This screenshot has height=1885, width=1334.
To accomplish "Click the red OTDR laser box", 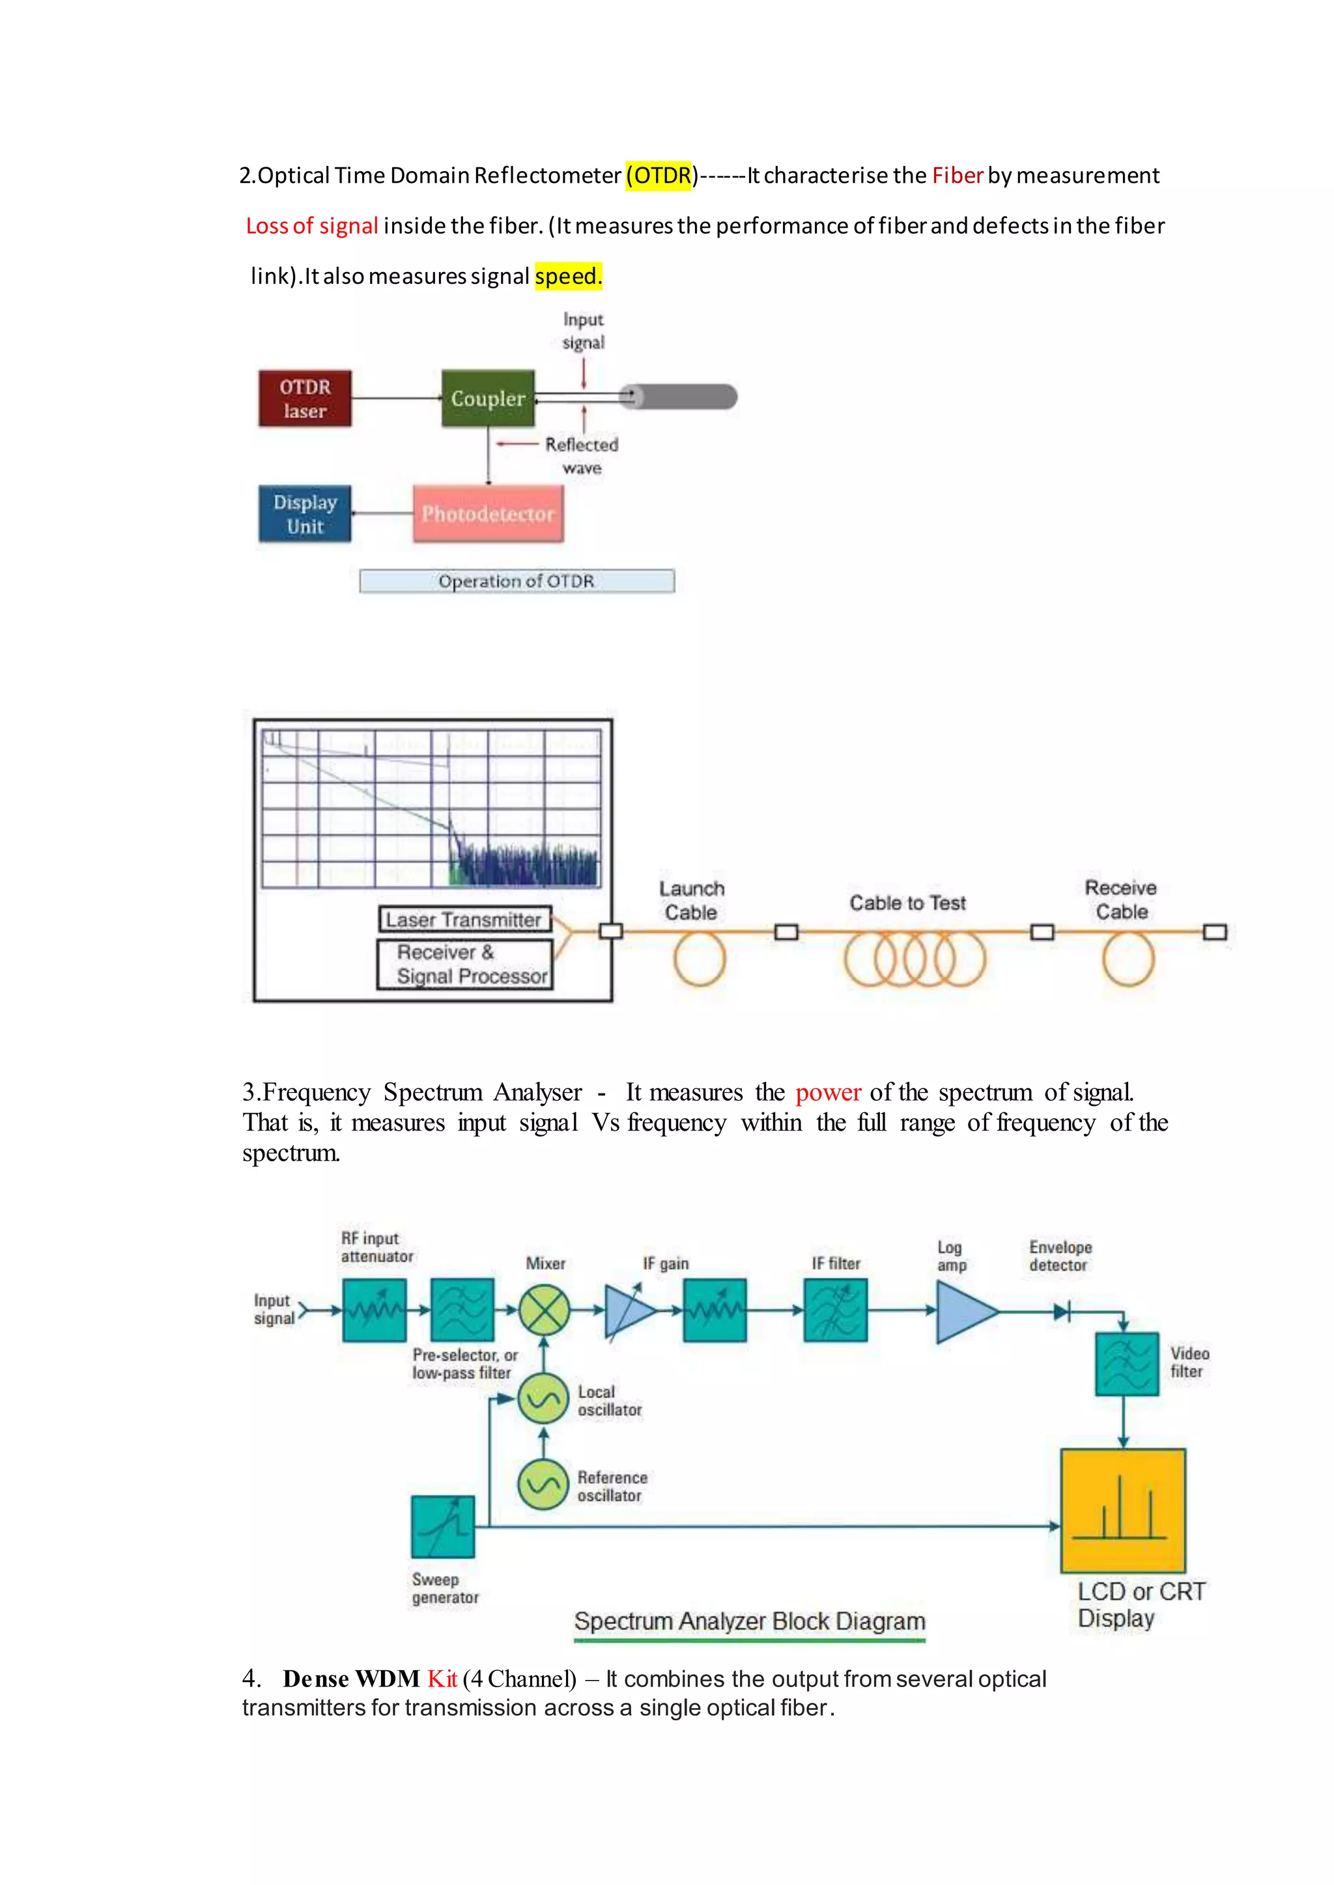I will (305, 398).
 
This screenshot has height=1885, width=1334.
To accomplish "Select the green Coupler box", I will (488, 398).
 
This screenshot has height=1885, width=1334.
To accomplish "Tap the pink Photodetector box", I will (488, 514).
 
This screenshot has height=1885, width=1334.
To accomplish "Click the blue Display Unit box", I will (305, 514).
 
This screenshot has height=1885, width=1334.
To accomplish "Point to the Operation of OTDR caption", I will (517, 581).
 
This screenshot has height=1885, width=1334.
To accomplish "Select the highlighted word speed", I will (567, 276).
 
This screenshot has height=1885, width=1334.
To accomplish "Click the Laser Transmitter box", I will (464, 920).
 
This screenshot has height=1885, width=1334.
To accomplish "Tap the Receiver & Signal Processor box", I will (464, 964).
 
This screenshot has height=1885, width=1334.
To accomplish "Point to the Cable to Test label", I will (907, 903).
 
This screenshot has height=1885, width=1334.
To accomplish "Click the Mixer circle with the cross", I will (544, 1310).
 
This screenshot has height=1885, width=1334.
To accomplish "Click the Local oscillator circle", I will (543, 1398).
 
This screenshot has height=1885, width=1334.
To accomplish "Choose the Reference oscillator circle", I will (543, 1484).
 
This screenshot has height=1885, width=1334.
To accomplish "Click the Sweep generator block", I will (443, 1527).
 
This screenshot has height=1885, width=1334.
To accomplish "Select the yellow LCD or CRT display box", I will (1123, 1511).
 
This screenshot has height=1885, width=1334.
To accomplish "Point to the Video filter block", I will (1127, 1364).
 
